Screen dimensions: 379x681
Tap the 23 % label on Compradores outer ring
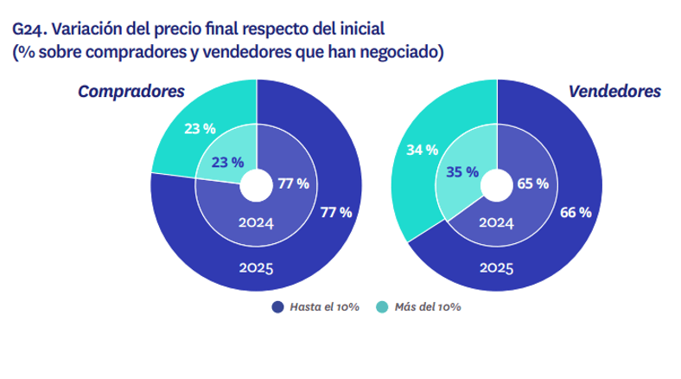200,130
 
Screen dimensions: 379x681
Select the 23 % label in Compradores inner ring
226,162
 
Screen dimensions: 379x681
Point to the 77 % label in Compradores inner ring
292,183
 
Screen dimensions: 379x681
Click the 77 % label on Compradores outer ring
335,212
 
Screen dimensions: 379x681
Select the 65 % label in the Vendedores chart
532,183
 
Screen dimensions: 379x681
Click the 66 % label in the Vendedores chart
575,212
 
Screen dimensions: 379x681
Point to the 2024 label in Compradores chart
256,222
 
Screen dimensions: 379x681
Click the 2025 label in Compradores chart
256,269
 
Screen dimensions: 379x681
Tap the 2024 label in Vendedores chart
496,222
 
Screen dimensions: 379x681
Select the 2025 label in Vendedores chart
496,269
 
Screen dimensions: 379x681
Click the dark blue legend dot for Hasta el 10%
277,307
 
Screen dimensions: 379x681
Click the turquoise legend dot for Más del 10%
383,307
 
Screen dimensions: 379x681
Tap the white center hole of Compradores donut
256,185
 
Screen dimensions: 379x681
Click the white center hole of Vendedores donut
496,185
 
